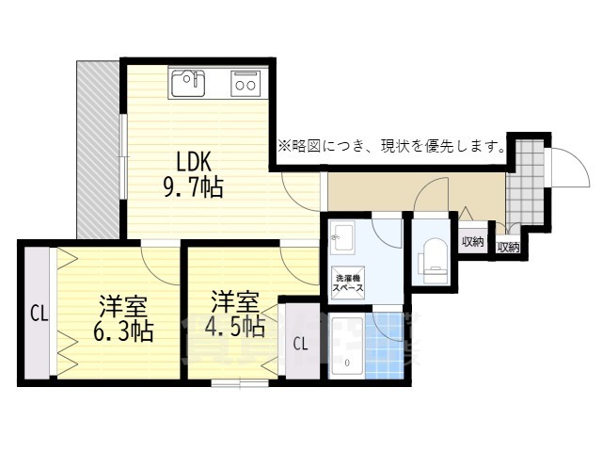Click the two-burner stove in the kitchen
point(246,84)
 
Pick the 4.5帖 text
point(234,327)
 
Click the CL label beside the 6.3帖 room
point(38,311)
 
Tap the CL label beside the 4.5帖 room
point(299,343)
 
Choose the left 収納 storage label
point(473,241)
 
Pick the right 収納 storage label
point(508,247)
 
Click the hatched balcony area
point(97,151)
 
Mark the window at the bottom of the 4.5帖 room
point(239,382)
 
